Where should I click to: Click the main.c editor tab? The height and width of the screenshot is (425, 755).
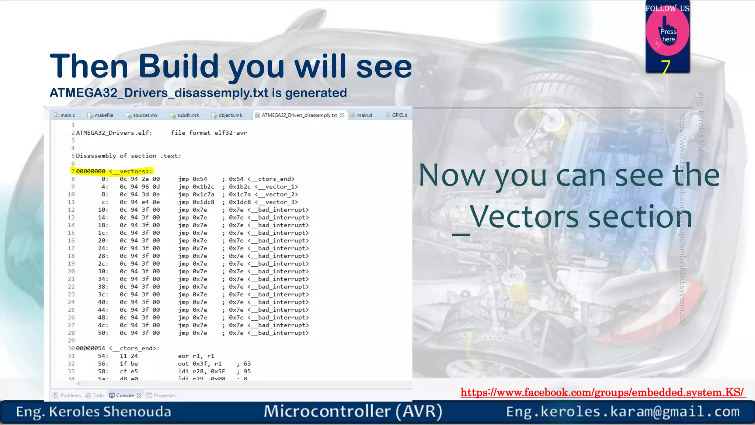[x=65, y=115]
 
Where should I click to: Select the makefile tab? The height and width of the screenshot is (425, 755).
[x=101, y=115]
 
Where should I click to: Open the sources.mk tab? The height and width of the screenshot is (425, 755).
[x=142, y=115]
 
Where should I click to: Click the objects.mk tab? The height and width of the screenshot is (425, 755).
[x=227, y=115]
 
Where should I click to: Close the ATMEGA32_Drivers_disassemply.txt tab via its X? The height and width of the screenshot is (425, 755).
[x=342, y=115]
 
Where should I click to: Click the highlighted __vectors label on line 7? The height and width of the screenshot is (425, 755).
[x=131, y=171]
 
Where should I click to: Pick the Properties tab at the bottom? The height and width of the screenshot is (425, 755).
[x=164, y=395]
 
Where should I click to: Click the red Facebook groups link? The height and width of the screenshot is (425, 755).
[x=602, y=392]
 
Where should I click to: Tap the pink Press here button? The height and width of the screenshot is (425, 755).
[x=668, y=35]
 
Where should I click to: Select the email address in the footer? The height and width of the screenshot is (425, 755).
[x=623, y=412]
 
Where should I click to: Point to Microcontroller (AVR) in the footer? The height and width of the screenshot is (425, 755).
[x=353, y=412]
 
